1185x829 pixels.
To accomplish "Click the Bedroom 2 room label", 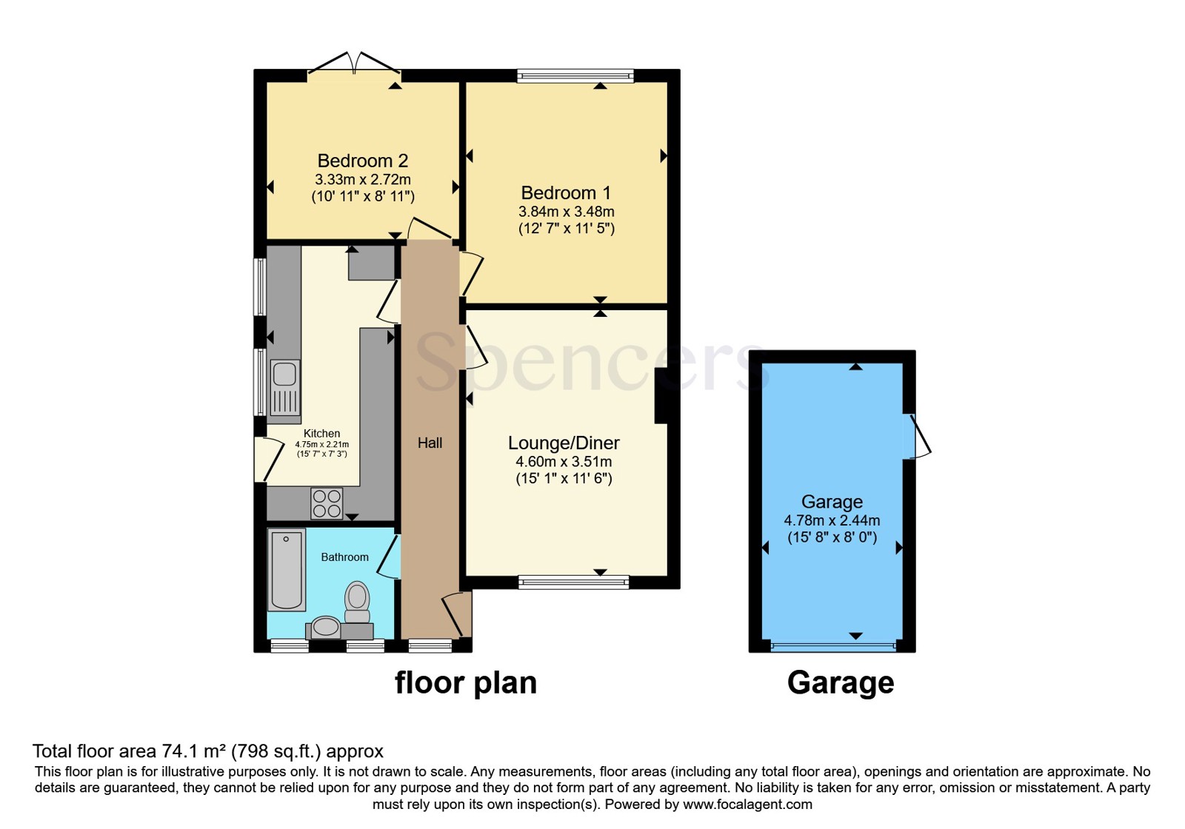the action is pyautogui.click(x=362, y=161).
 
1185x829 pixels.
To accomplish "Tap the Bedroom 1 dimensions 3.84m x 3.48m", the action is pyautogui.click(x=566, y=212).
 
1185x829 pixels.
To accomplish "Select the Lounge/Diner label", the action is pyautogui.click(x=564, y=443).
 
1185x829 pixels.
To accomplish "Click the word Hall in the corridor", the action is pyautogui.click(x=430, y=443).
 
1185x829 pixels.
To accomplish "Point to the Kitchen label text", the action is pyautogui.click(x=321, y=434).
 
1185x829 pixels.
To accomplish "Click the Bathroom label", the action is pyautogui.click(x=345, y=557).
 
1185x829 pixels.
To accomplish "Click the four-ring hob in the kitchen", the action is pyautogui.click(x=327, y=503).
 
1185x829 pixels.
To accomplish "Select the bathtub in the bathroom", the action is pyautogui.click(x=286, y=569).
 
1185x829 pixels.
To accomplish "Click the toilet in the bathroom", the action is pyautogui.click(x=357, y=603).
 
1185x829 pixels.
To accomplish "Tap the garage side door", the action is pyautogui.click(x=917, y=436).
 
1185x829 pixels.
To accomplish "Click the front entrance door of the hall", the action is pyautogui.click(x=457, y=614).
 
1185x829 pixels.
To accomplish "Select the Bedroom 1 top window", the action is pyautogui.click(x=575, y=76).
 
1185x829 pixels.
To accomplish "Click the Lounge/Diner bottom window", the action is pyautogui.click(x=573, y=582).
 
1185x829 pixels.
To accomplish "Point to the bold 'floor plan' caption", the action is pyautogui.click(x=466, y=682).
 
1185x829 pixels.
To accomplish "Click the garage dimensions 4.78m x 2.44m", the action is pyautogui.click(x=832, y=520).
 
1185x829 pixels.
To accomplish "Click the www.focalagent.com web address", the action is pyautogui.click(x=747, y=804).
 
